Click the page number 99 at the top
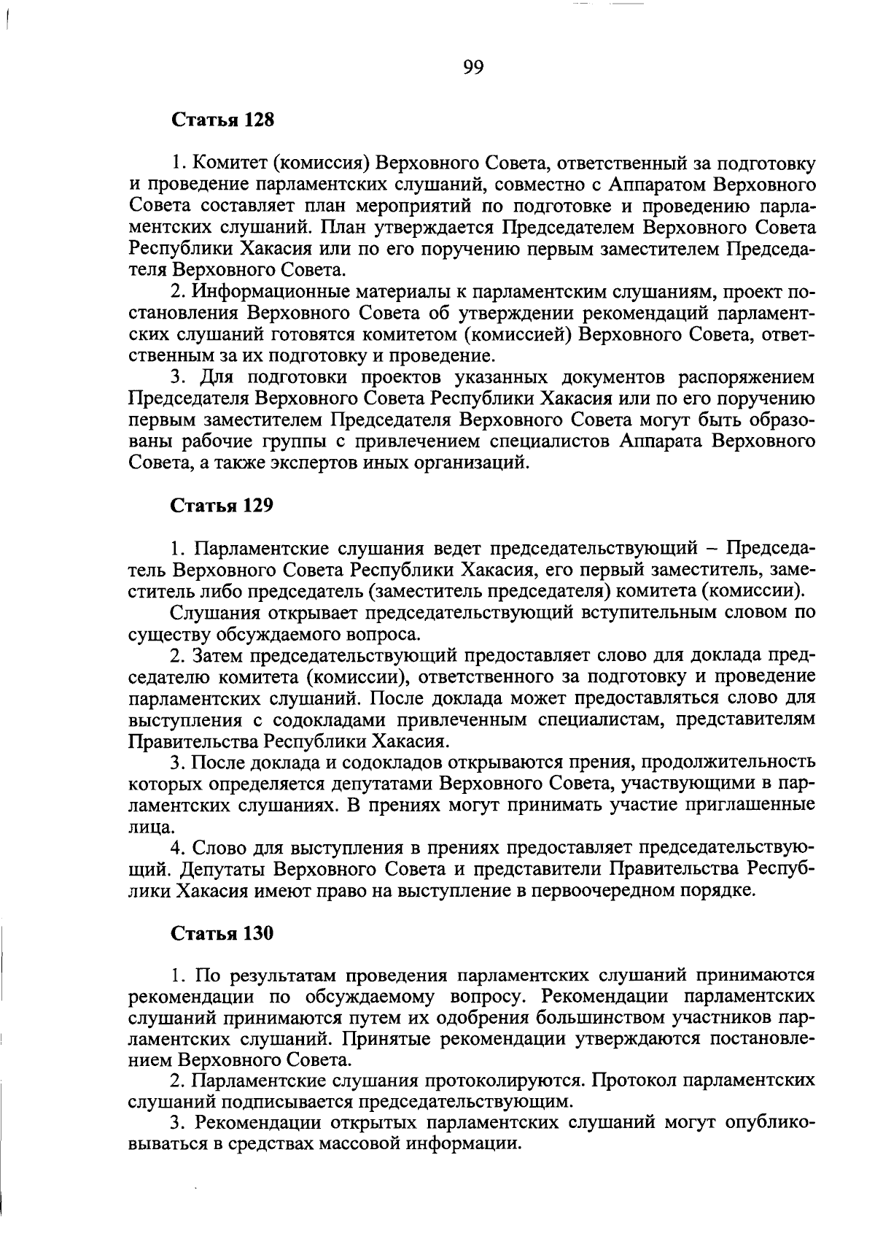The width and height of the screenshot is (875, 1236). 472,68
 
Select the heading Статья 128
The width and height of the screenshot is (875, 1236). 222,120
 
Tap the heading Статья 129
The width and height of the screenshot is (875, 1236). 222,505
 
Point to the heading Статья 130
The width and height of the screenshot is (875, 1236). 222,932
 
